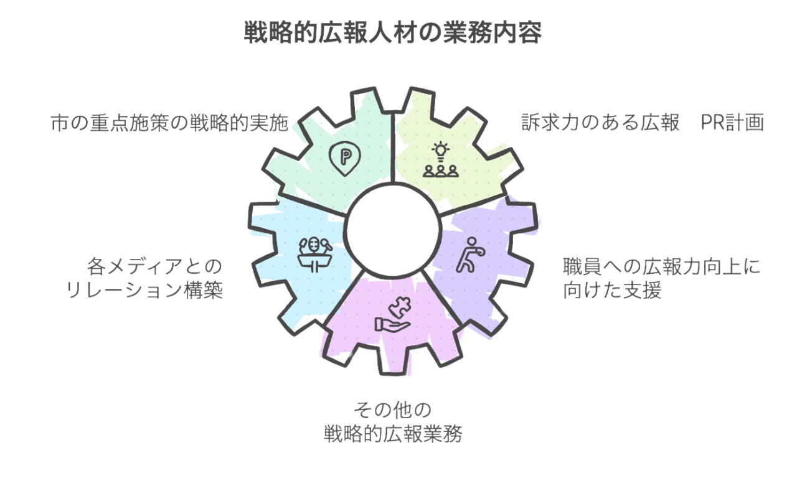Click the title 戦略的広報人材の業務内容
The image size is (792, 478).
[x=392, y=33]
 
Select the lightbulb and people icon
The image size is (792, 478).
[x=441, y=160]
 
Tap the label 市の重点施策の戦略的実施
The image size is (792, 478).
[x=169, y=123]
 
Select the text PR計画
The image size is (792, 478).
[x=732, y=123]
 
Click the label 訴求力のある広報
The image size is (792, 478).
[x=600, y=123]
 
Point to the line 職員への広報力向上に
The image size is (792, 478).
[x=661, y=268]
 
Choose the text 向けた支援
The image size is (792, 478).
[x=611, y=291]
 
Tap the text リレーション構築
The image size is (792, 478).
[x=144, y=291]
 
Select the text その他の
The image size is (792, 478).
[x=392, y=411]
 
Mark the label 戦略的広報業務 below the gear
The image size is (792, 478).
[x=392, y=434]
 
